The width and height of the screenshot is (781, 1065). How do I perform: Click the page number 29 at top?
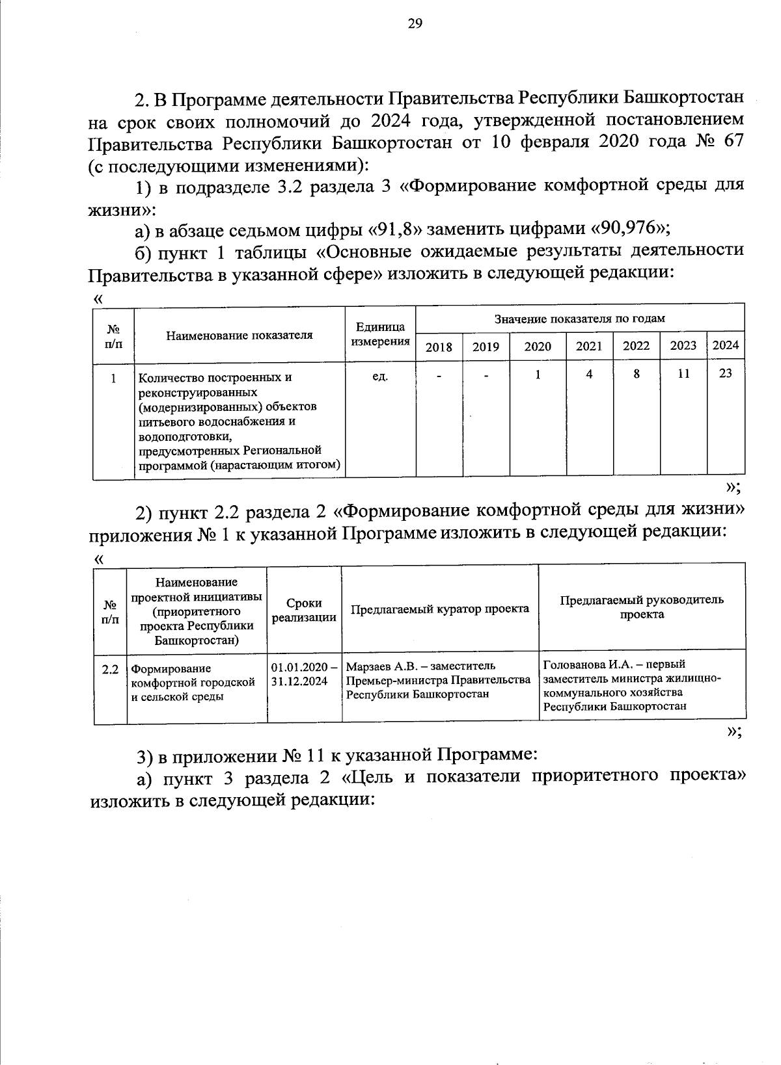coord(415,24)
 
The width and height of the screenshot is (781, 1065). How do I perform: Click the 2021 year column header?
coord(589,346)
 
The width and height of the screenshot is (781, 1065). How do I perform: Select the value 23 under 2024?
coord(726,373)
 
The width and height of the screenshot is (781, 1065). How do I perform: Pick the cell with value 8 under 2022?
coord(636,374)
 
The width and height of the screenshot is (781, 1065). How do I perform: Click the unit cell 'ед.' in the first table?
coord(379,376)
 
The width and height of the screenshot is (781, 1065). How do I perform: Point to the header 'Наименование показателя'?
coord(239,335)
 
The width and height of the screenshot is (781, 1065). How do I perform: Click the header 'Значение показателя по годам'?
coord(579,319)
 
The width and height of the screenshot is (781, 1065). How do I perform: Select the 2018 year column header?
coord(439,347)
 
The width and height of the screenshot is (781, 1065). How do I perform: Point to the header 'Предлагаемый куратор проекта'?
coord(440,609)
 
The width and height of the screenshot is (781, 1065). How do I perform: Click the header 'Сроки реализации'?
coord(304,610)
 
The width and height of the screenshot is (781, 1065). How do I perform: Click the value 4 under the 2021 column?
coord(589,374)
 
